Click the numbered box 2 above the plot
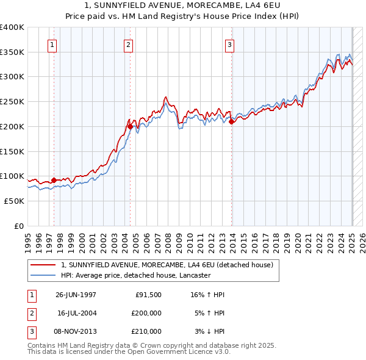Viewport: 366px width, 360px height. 128,45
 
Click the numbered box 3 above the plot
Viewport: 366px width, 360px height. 229,45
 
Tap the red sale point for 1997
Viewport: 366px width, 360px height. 54,180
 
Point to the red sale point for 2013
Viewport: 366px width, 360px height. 232,121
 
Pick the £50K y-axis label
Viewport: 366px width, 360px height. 15,201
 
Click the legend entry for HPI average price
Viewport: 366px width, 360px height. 135,275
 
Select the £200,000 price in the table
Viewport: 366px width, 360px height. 146,313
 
